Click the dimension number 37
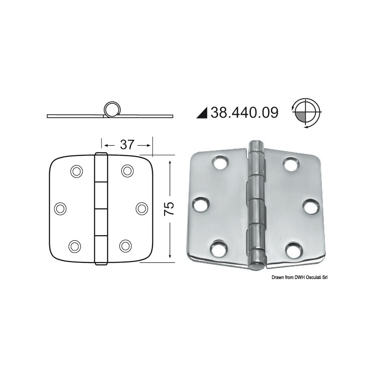127,144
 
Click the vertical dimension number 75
169,208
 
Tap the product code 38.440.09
244,113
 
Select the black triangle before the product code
202,113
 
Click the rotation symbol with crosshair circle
306,113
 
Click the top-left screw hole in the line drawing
77,171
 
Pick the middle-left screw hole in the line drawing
60,208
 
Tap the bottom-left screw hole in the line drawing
75,246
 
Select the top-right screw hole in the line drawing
127,171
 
